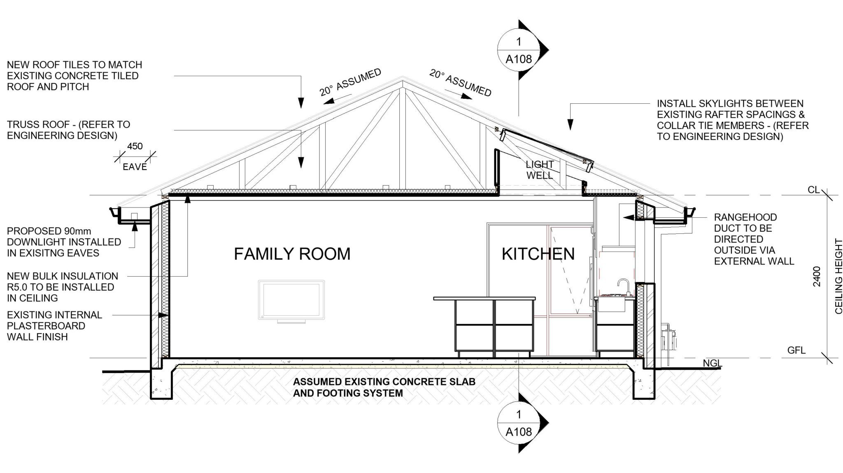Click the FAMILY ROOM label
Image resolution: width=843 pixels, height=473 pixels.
(x=292, y=254)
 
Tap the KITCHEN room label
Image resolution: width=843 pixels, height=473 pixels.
(x=538, y=254)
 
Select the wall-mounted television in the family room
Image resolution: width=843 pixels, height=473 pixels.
(x=291, y=300)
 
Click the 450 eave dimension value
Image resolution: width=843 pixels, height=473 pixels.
(x=135, y=146)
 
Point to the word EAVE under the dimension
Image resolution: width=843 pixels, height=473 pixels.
(x=135, y=167)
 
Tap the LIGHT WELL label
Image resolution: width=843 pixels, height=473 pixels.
(x=539, y=170)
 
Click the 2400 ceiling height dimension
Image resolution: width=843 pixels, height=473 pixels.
(x=817, y=277)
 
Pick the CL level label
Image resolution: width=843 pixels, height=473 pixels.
(x=813, y=190)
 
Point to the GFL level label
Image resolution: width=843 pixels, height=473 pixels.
(x=796, y=351)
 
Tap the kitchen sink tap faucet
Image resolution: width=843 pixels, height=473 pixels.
(x=622, y=286)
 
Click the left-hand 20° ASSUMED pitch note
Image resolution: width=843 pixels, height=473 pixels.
(x=350, y=83)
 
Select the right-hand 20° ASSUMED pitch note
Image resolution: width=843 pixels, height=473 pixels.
(x=461, y=83)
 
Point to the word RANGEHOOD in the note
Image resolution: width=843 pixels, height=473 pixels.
(x=745, y=217)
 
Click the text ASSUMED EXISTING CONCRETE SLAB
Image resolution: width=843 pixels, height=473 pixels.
(x=384, y=382)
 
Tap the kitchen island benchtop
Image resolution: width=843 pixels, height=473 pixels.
(x=484, y=298)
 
